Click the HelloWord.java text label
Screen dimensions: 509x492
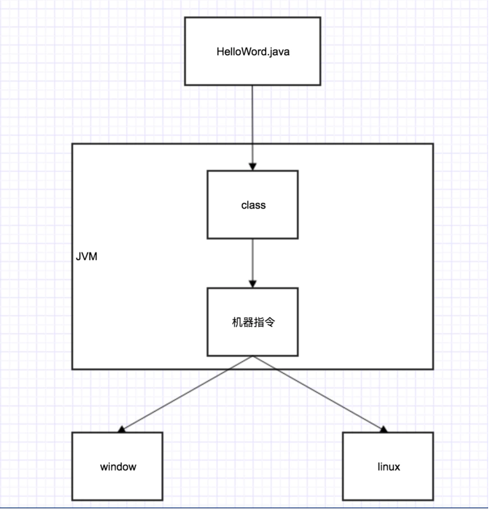pos(253,51)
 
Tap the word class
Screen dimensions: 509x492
pos(253,205)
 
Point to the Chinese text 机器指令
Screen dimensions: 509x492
pos(253,322)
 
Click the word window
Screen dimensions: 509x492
pos(118,467)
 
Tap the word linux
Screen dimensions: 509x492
pos(388,467)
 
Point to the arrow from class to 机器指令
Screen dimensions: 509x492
pos(253,260)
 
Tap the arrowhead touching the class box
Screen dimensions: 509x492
pos(253,166)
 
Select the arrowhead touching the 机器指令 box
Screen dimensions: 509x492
pos(253,284)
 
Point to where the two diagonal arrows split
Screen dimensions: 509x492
pos(253,356)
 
